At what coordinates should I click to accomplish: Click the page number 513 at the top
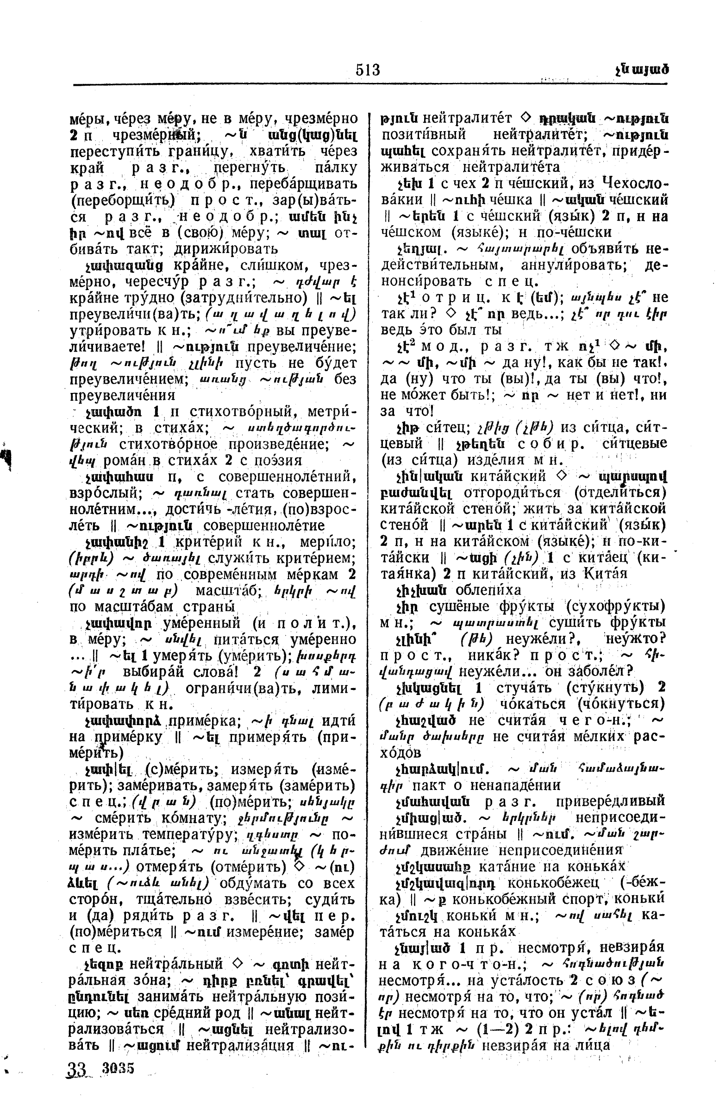(368, 69)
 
